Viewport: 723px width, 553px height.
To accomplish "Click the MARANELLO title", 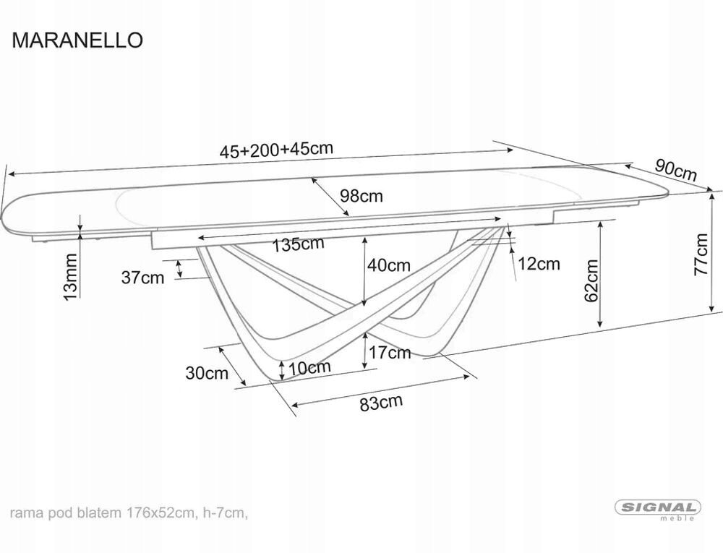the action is tap(77, 40).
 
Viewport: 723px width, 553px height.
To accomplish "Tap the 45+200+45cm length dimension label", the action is tap(276, 150).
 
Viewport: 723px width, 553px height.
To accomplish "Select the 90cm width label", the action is tap(675, 171).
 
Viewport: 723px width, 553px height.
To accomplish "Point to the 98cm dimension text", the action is tap(361, 196).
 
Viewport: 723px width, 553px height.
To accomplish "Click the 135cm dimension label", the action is tap(298, 244).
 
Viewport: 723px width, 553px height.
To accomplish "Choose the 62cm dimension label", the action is tap(591, 280).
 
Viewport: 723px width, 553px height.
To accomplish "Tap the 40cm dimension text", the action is tap(388, 265).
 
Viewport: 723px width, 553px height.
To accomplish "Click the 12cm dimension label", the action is tap(539, 264).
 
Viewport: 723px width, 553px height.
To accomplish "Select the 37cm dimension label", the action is tap(142, 278).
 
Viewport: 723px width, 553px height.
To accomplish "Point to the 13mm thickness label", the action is tap(71, 276).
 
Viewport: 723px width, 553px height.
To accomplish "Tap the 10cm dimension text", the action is tap(310, 367).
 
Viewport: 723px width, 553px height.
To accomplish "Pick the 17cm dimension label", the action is tap(389, 353).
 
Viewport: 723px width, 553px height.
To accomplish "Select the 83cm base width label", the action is tap(381, 403).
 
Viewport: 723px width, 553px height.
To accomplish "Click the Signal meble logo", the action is tap(658, 509).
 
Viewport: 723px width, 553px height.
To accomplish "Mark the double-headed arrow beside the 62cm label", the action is tap(600, 275).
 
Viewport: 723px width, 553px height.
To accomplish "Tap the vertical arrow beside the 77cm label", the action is tap(714, 251).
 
